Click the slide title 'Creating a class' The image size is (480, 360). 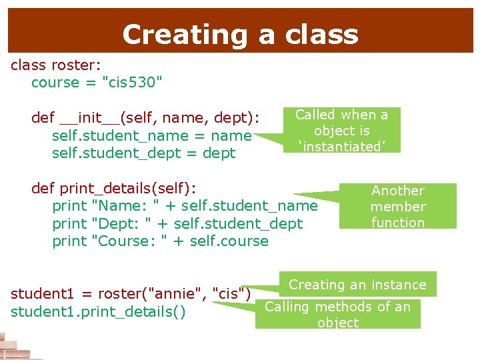click(x=240, y=35)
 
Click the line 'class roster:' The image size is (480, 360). click(x=55, y=65)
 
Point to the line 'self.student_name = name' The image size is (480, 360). click(x=151, y=135)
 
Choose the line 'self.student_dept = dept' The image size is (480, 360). click(x=143, y=153)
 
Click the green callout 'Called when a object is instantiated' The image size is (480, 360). click(x=341, y=130)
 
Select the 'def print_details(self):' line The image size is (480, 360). click(x=116, y=188)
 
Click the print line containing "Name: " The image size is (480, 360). click(x=185, y=206)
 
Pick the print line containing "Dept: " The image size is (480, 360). click(x=177, y=223)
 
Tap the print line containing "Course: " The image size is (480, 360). click(x=160, y=241)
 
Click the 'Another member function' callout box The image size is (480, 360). click(x=398, y=206)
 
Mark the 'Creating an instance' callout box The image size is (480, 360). click(x=357, y=285)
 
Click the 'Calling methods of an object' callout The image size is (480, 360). click(x=338, y=314)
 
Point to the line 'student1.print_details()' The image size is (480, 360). click(x=99, y=312)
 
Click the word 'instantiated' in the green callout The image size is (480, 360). click(x=341, y=146)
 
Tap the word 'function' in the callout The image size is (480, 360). click(x=398, y=223)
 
